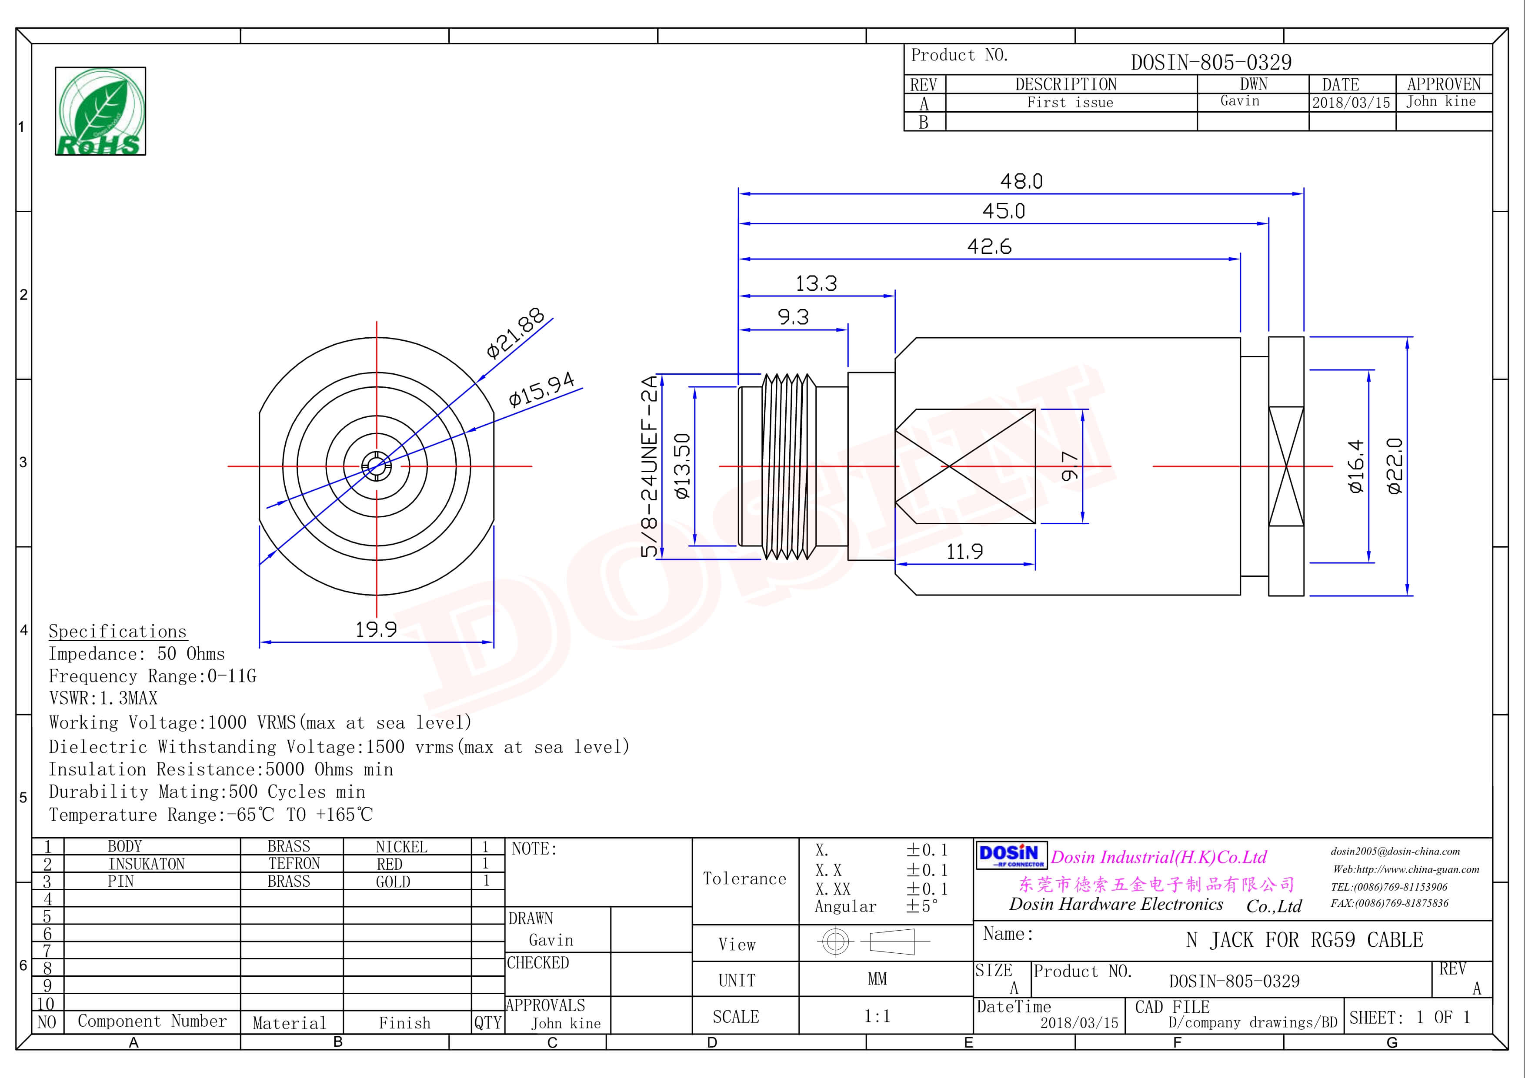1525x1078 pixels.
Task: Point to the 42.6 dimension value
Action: click(989, 247)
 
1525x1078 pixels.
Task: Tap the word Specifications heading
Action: click(117, 631)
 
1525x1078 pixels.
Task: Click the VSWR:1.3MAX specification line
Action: click(103, 699)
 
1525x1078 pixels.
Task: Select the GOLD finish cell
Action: click(393, 882)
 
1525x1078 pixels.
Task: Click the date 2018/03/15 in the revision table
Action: click(1350, 103)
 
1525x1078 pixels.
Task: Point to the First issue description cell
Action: click(1070, 102)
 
